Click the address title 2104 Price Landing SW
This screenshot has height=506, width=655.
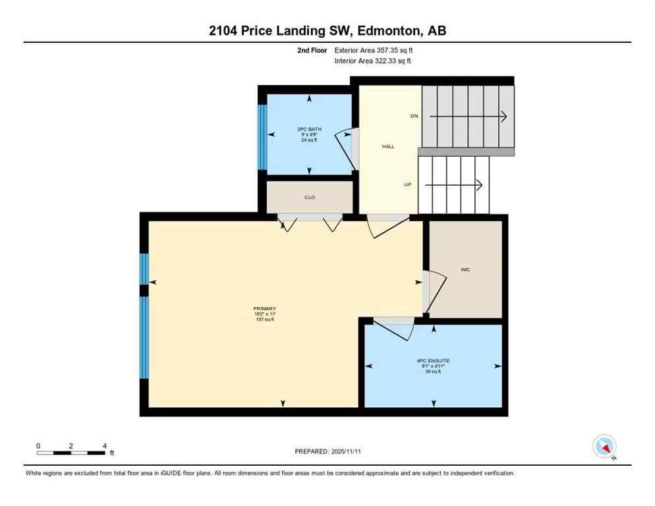click(327, 30)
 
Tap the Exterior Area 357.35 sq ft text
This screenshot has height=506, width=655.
click(374, 49)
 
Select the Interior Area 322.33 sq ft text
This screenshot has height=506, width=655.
click(373, 61)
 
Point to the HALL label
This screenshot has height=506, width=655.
click(388, 146)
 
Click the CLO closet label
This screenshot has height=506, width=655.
click(309, 196)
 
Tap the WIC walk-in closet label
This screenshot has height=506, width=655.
click(465, 269)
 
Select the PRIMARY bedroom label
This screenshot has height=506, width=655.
click(264, 309)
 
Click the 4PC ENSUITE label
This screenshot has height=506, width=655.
click(433, 361)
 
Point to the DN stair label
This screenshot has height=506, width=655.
click(414, 116)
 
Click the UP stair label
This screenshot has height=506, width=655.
click(408, 184)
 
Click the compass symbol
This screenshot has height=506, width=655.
click(604, 446)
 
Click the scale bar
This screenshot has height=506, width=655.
click(71, 452)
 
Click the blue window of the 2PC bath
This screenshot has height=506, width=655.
click(262, 136)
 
